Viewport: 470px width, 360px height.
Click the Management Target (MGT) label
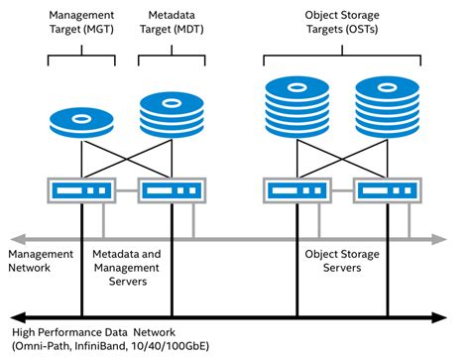click(x=81, y=23)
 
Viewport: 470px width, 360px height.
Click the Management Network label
click(x=40, y=261)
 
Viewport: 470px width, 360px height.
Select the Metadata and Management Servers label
click(x=126, y=268)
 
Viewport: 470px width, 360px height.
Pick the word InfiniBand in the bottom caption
click(x=107, y=347)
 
